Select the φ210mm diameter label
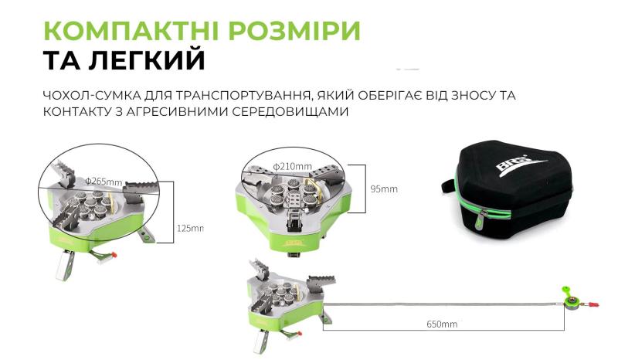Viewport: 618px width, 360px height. pos(293,165)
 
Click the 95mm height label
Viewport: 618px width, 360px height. pos(383,188)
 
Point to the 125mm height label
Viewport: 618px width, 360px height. pos(190,228)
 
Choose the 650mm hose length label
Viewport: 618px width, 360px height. pos(442,324)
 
